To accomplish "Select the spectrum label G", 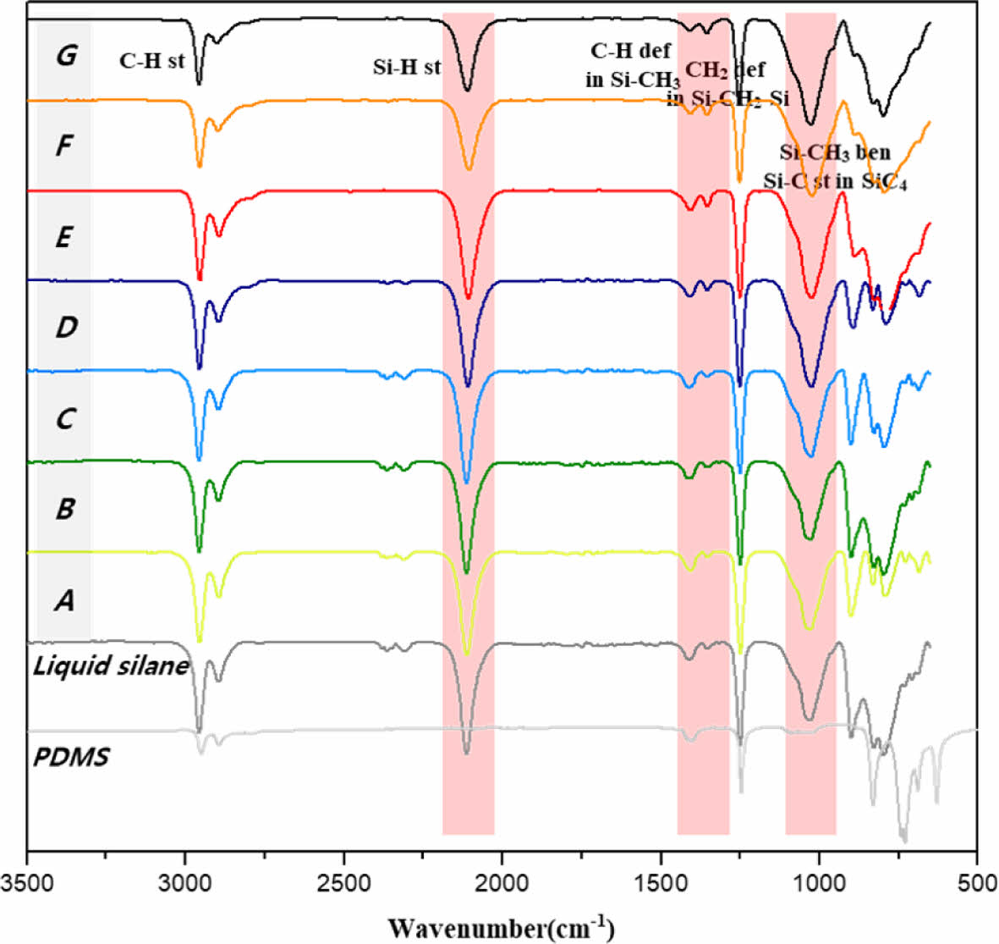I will point(65,56).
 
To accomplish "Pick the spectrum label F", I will point(64,146).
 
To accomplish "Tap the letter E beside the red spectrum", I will point(63,237).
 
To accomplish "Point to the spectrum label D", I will point(65,327).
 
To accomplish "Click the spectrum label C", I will point(64,418).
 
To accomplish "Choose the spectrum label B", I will point(64,509).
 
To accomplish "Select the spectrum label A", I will point(64,600).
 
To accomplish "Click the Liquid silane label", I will point(110,665).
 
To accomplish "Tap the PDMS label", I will point(71,756).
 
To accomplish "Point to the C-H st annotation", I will point(151,60).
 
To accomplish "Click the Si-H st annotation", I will point(407,67).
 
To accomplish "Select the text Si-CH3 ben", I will point(835,152).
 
